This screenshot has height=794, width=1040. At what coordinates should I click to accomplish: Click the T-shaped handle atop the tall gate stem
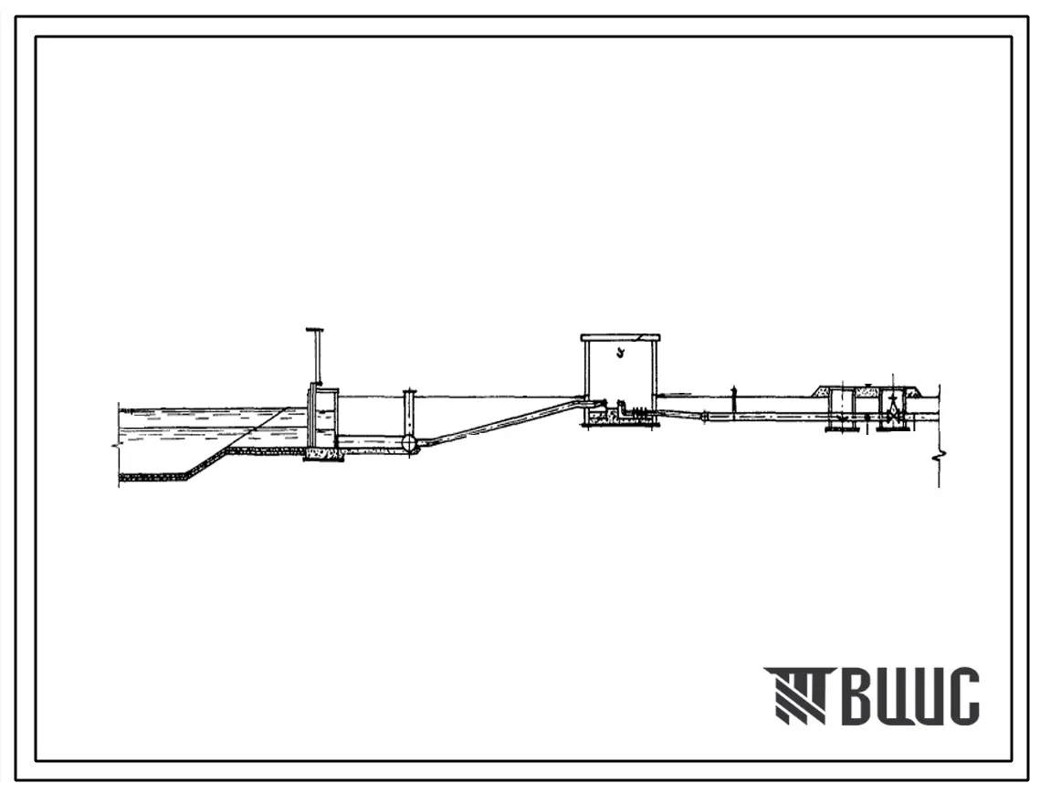(x=315, y=329)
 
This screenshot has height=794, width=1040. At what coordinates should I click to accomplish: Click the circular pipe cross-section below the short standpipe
(x=409, y=443)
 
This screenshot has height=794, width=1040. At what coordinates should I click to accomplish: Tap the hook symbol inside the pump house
(x=620, y=353)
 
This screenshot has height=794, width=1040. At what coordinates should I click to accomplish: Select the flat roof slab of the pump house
(x=621, y=337)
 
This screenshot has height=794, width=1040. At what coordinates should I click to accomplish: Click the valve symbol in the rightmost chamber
(x=892, y=415)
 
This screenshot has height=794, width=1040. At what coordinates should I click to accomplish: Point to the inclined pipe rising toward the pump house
(x=504, y=420)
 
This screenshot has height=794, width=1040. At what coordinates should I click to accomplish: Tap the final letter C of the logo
(x=961, y=695)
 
